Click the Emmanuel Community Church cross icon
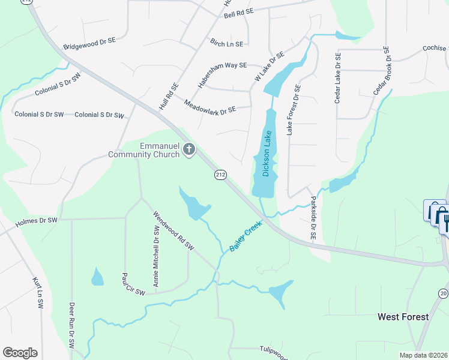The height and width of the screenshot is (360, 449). click(189, 149)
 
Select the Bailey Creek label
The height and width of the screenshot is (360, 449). click(246, 236)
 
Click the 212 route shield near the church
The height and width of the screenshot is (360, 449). click(220, 175)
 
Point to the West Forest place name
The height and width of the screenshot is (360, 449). click(403, 316)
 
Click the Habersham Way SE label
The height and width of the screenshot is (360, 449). click(222, 66)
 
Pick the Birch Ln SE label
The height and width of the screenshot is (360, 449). click(226, 43)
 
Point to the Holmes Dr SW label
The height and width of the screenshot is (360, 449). click(36, 221)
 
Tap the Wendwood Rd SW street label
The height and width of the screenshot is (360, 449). click(174, 230)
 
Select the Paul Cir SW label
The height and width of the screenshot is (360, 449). click(133, 284)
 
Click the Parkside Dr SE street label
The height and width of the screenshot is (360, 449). click(313, 217)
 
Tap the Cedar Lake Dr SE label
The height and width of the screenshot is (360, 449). click(338, 82)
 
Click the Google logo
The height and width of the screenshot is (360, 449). click(20, 352)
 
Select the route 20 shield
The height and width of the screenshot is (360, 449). click(443, 293)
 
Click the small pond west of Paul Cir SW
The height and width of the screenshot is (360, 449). click(97, 277)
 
